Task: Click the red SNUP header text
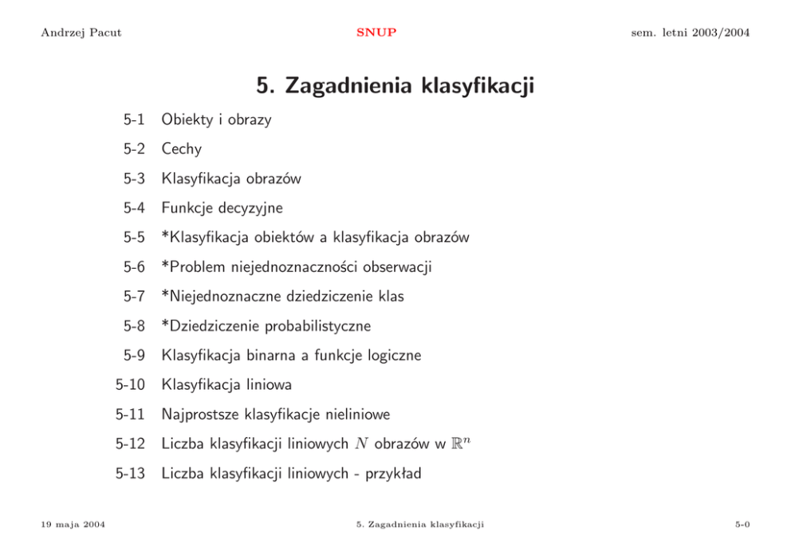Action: click(x=376, y=33)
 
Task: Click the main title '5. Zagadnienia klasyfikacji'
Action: click(x=395, y=85)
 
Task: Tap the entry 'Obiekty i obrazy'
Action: click(x=216, y=120)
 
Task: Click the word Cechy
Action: click(x=181, y=149)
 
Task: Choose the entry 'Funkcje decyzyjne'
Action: click(x=222, y=208)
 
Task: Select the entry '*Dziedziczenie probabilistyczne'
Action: click(x=266, y=326)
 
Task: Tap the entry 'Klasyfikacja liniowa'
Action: click(x=226, y=384)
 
